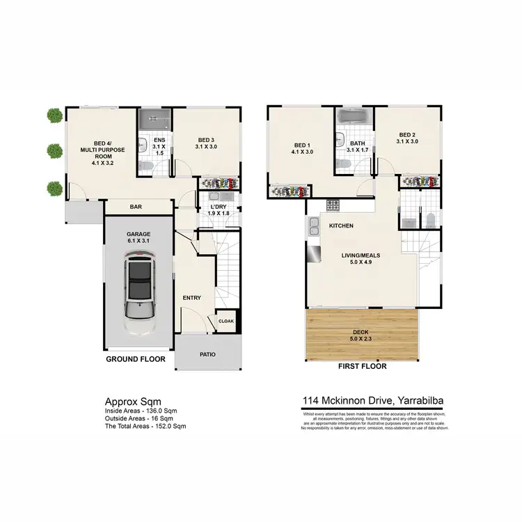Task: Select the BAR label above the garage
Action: [x=136, y=206]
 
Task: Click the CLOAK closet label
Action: [x=226, y=321]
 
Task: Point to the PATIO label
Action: [x=208, y=354]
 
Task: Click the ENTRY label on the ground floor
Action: [x=191, y=298]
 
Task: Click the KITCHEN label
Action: [x=342, y=226]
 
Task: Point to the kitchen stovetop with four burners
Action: [x=333, y=206]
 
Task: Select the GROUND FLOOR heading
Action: [x=135, y=360]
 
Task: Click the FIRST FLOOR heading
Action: [x=363, y=365]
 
